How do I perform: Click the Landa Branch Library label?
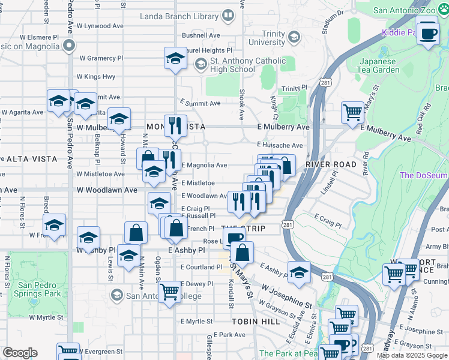click(x=178, y=16)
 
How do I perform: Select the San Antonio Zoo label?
click(x=410, y=10)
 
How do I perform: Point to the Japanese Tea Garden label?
click(x=379, y=65)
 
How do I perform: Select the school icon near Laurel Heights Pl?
click(x=175, y=59)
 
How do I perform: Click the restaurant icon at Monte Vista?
click(x=175, y=125)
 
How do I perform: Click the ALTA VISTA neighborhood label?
click(x=32, y=159)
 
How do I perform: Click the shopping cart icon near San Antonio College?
click(x=170, y=292)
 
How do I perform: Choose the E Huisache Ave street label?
click(x=280, y=145)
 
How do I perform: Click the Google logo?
click(x=20, y=353)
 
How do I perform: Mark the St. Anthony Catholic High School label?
click(x=240, y=65)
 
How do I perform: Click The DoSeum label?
click(x=424, y=175)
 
